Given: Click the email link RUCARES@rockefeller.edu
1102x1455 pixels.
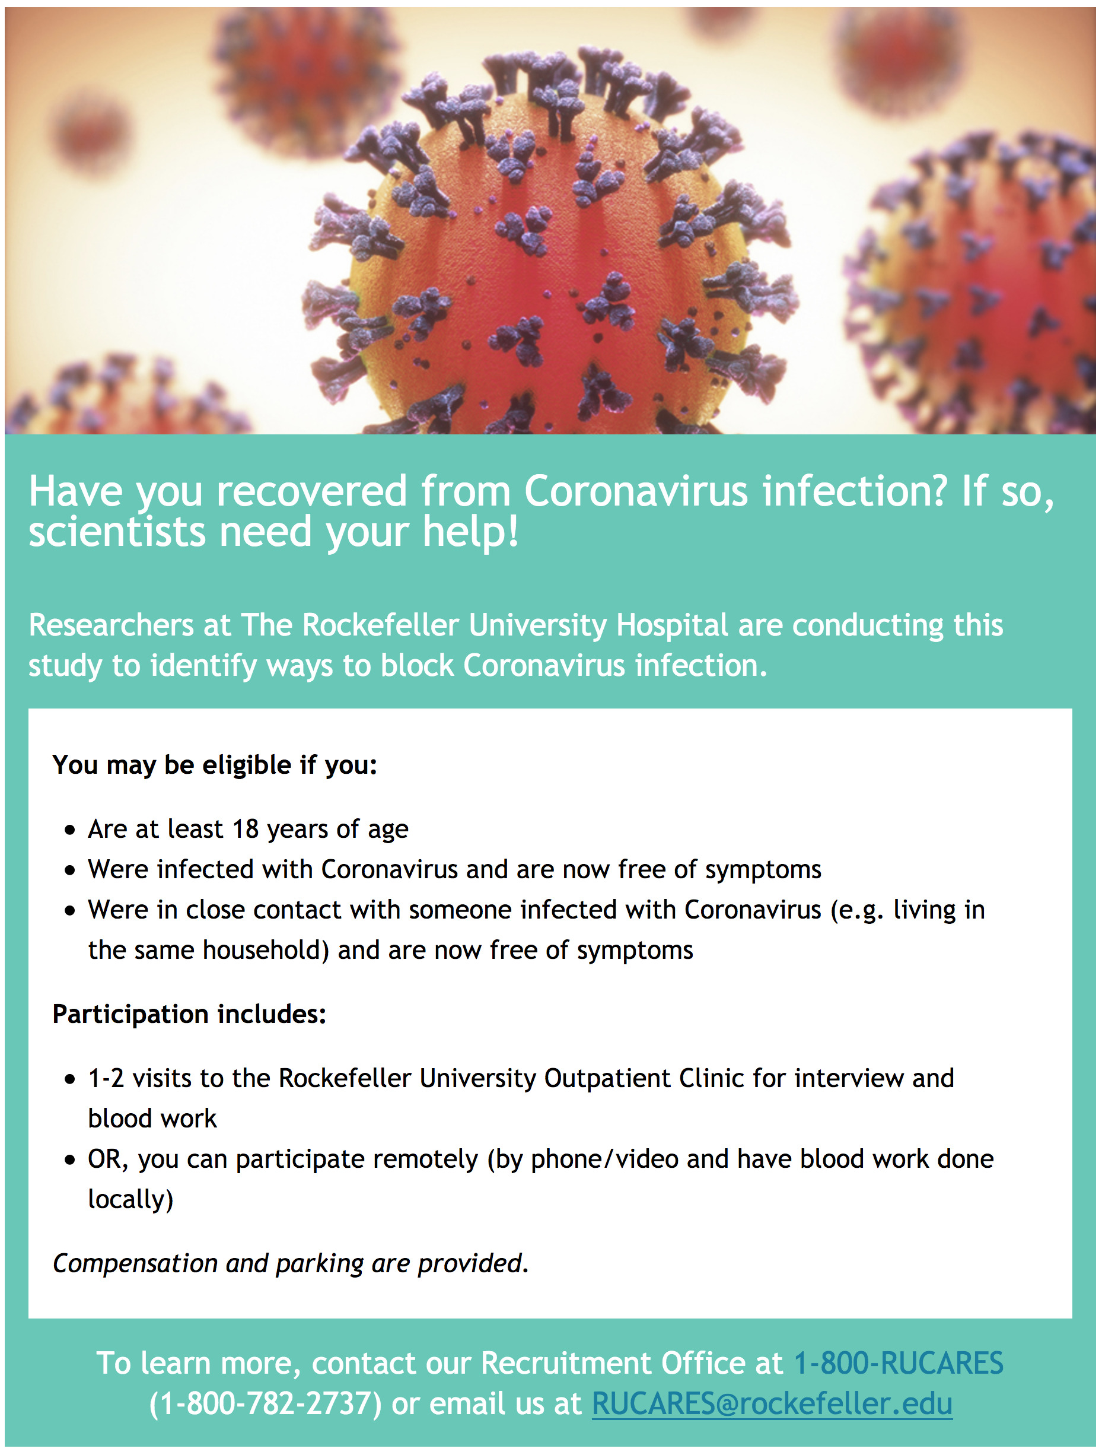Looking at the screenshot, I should (x=772, y=1404).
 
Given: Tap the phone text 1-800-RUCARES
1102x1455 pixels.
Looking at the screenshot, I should (x=898, y=1363).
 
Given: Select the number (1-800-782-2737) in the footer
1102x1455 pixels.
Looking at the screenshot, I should (x=265, y=1404).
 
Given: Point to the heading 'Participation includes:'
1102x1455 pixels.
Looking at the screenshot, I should (x=189, y=1014).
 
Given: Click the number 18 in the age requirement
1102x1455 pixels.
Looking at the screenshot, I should (x=246, y=829).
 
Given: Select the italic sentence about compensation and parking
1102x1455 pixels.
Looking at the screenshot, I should (x=291, y=1263).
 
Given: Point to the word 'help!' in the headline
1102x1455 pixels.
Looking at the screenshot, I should (x=471, y=532).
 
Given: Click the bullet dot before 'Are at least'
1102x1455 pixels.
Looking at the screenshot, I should (x=71, y=830).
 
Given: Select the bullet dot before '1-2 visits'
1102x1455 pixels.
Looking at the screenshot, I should (x=71, y=1079).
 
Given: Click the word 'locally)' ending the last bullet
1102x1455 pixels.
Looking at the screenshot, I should (x=130, y=1199).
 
